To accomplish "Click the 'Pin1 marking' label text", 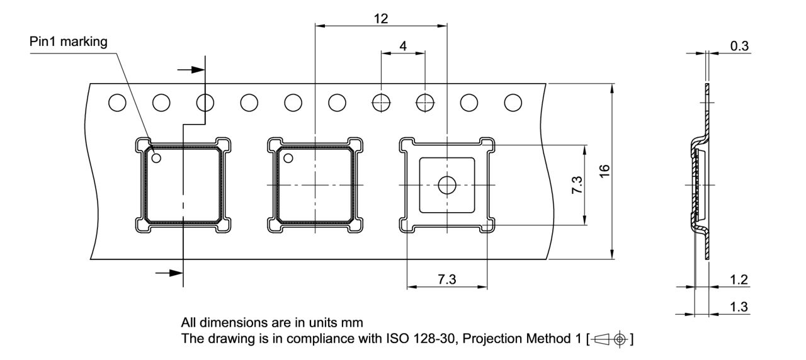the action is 69,42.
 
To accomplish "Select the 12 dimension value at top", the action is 381,19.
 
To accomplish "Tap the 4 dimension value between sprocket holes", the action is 403,46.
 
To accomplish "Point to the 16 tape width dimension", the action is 604,171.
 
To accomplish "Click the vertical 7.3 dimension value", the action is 577,185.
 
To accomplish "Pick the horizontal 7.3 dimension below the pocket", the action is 447,279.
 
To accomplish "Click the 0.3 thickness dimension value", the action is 739,46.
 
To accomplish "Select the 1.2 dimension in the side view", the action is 739,279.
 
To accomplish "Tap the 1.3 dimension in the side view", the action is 739,307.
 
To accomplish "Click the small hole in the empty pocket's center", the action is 447,185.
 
